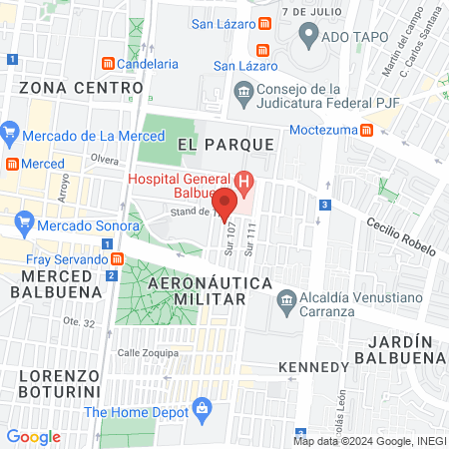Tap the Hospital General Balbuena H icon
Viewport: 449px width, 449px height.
pos(245,181)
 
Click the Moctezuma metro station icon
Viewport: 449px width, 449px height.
pos(366,130)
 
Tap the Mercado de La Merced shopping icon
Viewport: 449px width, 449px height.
pos(10,131)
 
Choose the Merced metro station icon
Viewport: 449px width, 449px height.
pos(10,163)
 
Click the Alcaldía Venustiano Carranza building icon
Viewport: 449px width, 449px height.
pos(286,299)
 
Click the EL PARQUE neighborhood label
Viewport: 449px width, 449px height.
pos(225,145)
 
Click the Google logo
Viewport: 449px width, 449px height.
pos(34,436)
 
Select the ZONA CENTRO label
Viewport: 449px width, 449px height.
pos(64,87)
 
